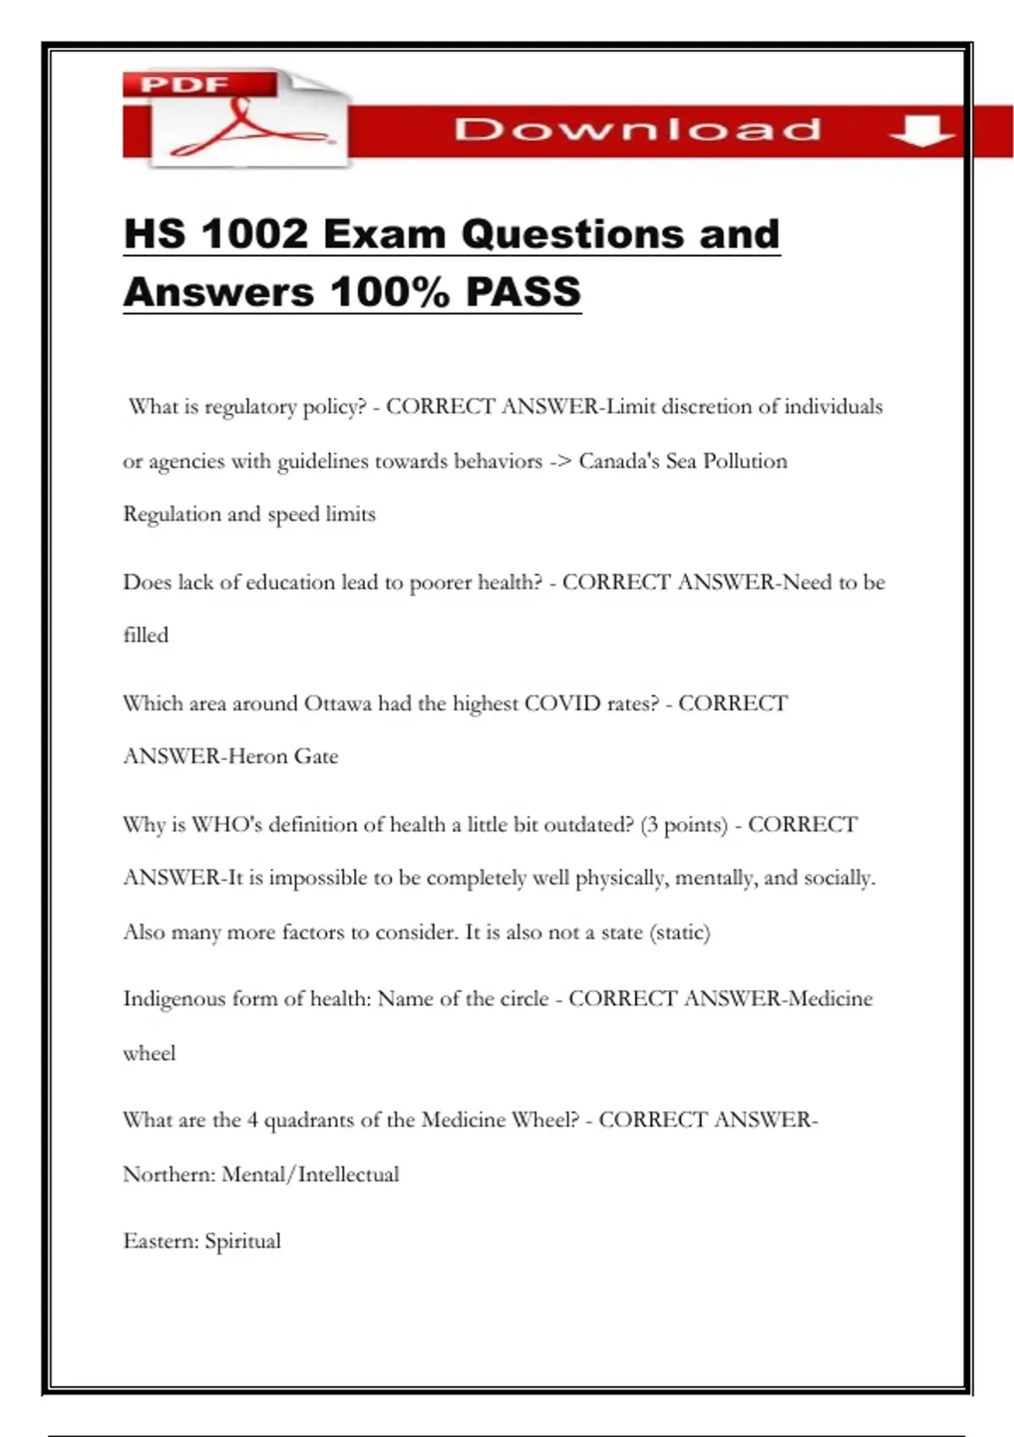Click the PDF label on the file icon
(185, 85)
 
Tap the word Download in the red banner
(637, 130)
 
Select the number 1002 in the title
(255, 234)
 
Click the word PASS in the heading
(523, 292)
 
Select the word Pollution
(744, 462)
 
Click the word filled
(145, 635)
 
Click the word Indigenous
(174, 999)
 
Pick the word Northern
(169, 1175)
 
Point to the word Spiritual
(243, 1242)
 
